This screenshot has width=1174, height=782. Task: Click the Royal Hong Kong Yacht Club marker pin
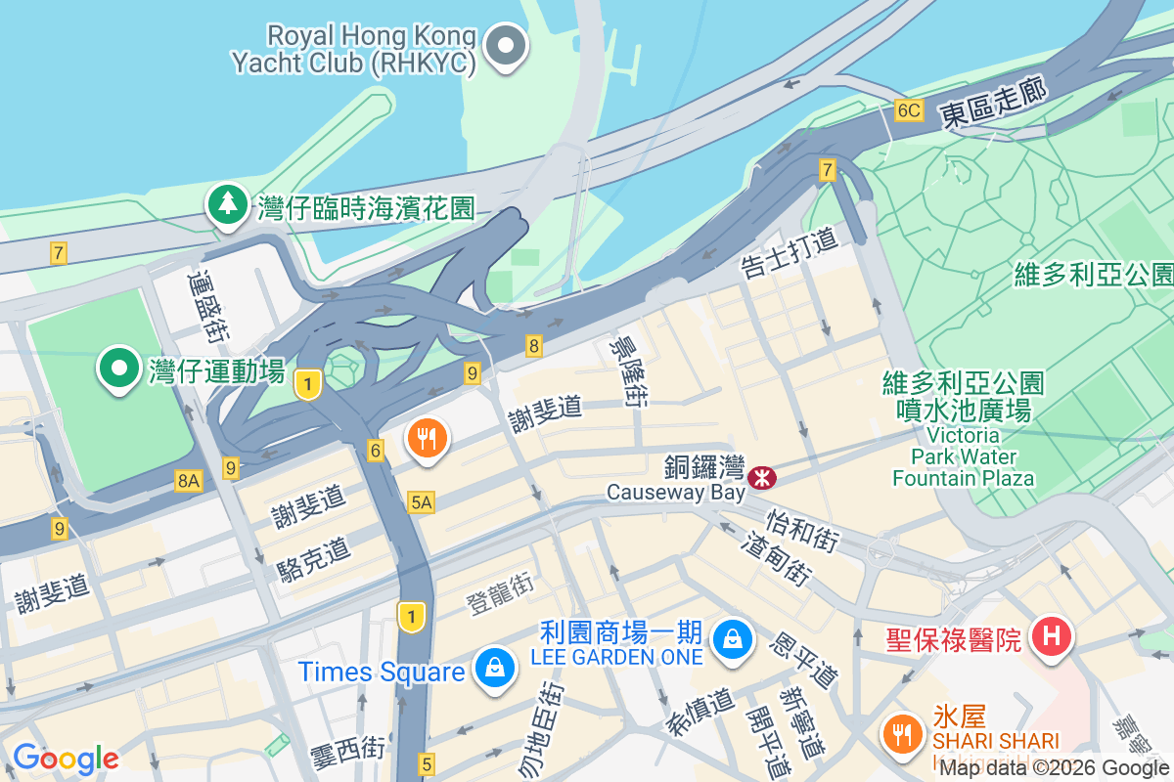tap(507, 46)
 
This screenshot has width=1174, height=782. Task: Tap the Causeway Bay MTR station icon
tap(760, 478)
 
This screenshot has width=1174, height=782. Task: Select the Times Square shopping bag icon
tap(496, 670)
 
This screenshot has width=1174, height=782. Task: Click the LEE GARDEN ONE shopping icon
tap(731, 639)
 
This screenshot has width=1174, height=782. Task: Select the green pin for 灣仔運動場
tap(120, 369)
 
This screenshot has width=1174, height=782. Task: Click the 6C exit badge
tap(908, 110)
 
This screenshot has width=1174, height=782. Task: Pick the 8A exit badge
tap(188, 480)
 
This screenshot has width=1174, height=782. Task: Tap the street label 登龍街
tap(499, 592)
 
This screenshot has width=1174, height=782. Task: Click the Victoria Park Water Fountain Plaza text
tap(963, 456)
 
